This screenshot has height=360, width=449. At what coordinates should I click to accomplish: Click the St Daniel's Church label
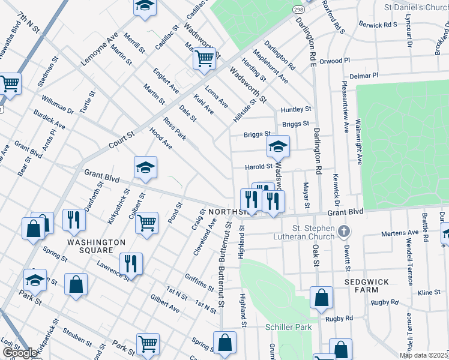(x=415, y=8)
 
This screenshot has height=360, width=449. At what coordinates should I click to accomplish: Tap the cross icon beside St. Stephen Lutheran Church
(x=343, y=231)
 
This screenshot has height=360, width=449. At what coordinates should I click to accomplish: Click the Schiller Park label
(x=289, y=327)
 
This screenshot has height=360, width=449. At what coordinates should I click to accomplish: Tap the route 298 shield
(x=298, y=10)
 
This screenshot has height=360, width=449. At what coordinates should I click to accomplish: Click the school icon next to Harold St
(x=278, y=146)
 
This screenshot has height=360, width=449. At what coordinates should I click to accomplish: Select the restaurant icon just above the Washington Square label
(x=74, y=220)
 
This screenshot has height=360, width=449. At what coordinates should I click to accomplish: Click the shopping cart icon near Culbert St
(x=146, y=223)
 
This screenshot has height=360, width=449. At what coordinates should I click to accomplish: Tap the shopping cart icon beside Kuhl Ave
(x=204, y=58)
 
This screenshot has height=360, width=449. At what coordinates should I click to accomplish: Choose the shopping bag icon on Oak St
(x=321, y=297)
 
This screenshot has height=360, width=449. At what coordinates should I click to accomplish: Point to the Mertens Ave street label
(x=405, y=232)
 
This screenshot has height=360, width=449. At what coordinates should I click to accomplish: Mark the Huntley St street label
(x=297, y=109)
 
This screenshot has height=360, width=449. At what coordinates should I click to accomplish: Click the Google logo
(x=20, y=353)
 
